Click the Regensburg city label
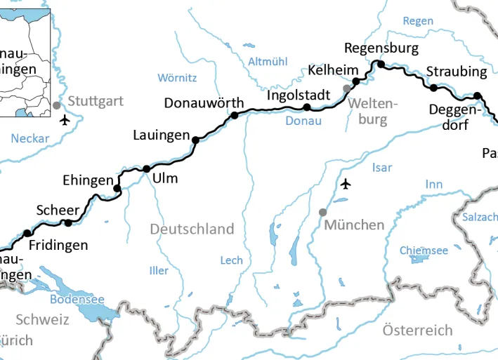tap(381, 48)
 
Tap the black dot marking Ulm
tap(146, 168)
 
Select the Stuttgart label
tap(96, 102)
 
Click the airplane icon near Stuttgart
tap(65, 119)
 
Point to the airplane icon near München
tap(345, 184)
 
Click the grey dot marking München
tap(323, 212)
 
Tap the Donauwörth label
tap(204, 103)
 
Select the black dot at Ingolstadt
tap(306, 107)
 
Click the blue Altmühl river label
tap(268, 62)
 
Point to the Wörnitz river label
tap(177, 77)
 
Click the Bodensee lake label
tap(77, 299)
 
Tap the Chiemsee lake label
tap(424, 251)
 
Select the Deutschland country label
tap(192, 229)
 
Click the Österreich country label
tap(417, 330)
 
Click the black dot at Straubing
tap(434, 88)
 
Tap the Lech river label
tap(232, 260)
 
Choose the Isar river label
tap(382, 168)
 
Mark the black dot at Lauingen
tap(195, 140)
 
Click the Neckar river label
tap(30, 138)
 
